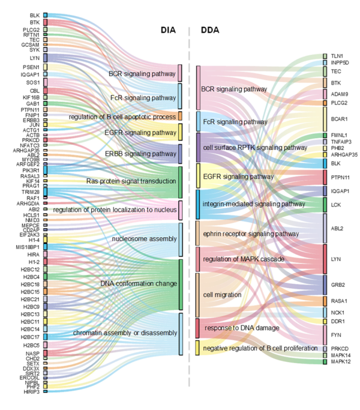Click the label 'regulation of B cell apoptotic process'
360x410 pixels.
[x=122, y=116]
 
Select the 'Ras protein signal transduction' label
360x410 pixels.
[x=131, y=181]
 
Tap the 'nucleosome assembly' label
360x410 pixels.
[x=144, y=239]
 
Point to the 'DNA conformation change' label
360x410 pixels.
[x=139, y=283]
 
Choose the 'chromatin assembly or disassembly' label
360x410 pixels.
[x=125, y=333]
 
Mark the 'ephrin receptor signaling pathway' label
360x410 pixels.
[x=251, y=234]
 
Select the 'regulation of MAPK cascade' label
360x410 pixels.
[x=244, y=259]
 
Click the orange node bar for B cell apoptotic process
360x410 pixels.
[x=179, y=116]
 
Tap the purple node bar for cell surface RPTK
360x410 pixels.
[x=199, y=147]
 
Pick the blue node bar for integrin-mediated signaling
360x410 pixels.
[x=199, y=204]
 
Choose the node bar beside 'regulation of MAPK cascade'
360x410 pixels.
[x=199, y=259]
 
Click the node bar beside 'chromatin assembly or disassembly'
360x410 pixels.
[x=179, y=333]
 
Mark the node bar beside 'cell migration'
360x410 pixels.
[x=199, y=295]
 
